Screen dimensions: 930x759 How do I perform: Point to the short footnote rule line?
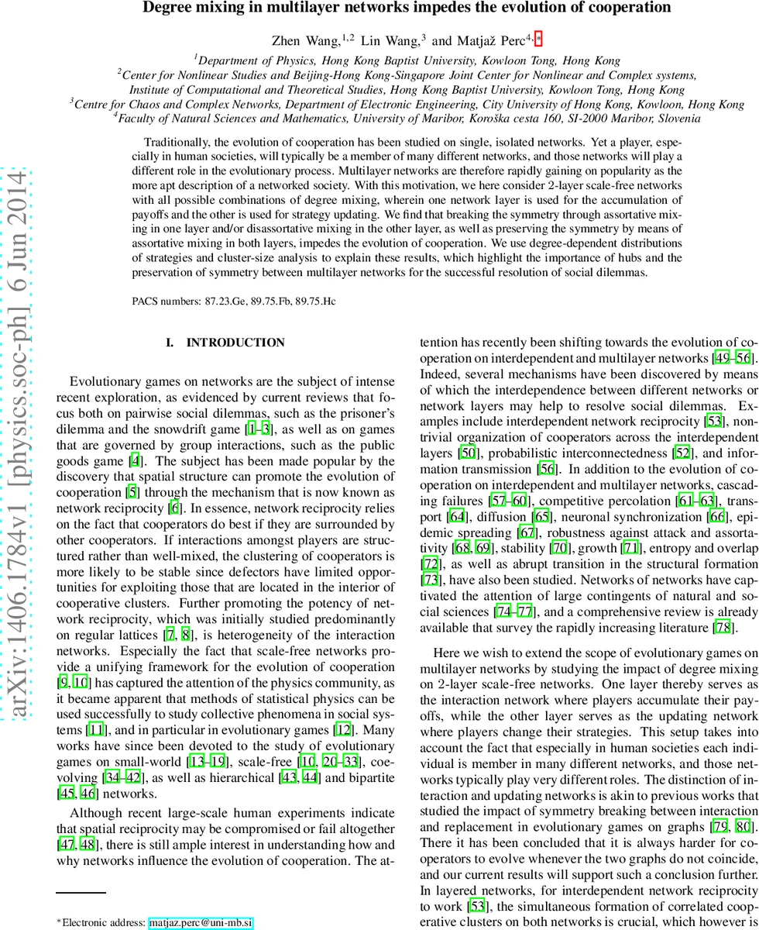[x=81, y=894]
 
